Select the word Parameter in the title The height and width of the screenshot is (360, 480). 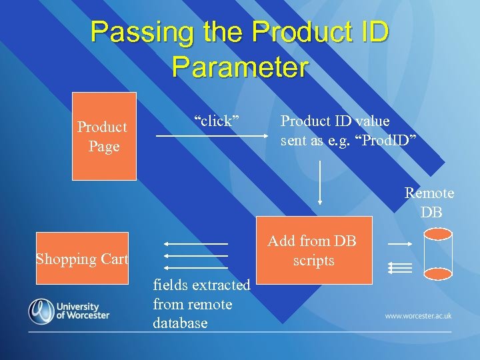pyautogui.click(x=240, y=67)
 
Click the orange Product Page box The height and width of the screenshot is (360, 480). pyautogui.click(x=104, y=136)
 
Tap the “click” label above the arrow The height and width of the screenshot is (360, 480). pyautogui.click(x=217, y=121)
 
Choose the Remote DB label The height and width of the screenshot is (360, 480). pyautogui.click(x=430, y=203)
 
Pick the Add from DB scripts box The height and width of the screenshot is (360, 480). pyautogui.click(x=314, y=251)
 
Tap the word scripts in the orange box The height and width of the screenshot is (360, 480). pyautogui.click(x=314, y=261)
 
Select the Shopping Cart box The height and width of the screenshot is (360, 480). pyautogui.click(x=82, y=258)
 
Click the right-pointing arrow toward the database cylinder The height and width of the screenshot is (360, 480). pyautogui.click(x=400, y=245)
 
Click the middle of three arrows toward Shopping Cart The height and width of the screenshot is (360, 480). pyautogui.click(x=197, y=255)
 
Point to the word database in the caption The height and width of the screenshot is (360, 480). pyautogui.click(x=180, y=323)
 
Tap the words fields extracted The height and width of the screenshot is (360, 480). pyautogui.click(x=201, y=285)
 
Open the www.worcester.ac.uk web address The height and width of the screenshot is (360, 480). pyautogui.click(x=419, y=315)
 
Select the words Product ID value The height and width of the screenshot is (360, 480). pyautogui.click(x=335, y=121)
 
